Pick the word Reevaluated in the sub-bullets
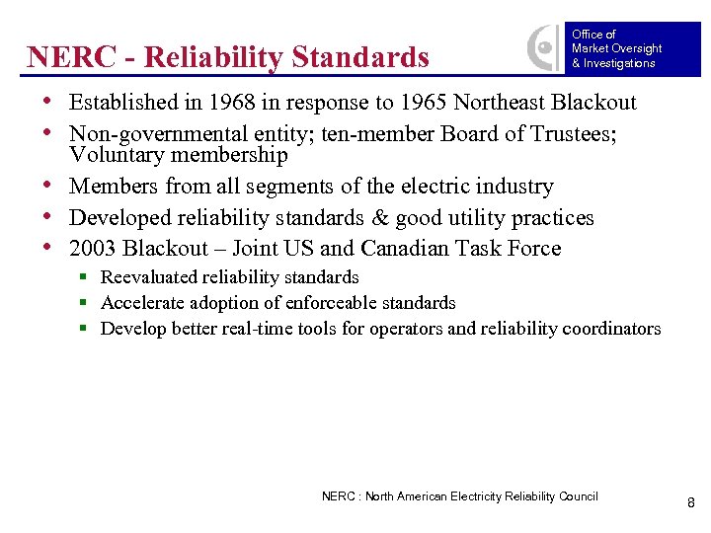point(148,277)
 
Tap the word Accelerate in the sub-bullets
point(142,303)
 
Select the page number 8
point(691,503)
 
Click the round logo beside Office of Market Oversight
point(543,47)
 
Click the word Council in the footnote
point(577,496)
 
